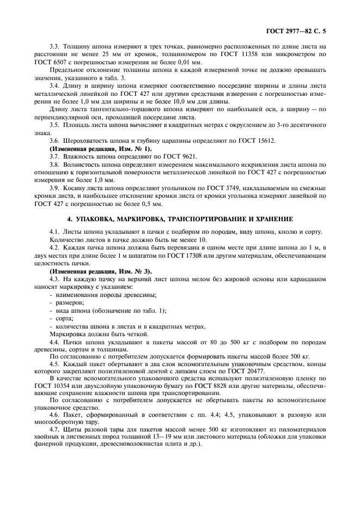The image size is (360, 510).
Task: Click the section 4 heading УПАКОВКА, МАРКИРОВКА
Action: tap(180, 218)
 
